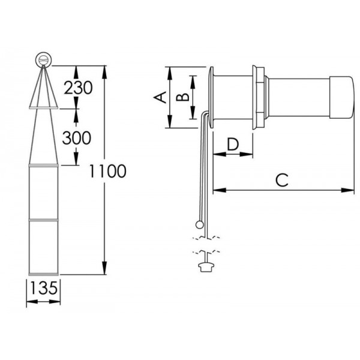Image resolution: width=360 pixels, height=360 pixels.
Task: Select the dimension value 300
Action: (76, 138)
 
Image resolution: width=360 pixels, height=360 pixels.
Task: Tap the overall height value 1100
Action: (107, 172)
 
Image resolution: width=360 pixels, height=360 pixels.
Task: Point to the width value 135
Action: (44, 288)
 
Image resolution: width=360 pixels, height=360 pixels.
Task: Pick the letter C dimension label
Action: (283, 179)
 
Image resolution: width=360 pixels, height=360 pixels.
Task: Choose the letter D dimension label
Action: (233, 143)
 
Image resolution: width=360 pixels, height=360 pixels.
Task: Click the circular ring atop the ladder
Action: (44, 59)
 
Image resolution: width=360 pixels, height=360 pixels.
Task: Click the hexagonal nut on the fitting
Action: (260, 98)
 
